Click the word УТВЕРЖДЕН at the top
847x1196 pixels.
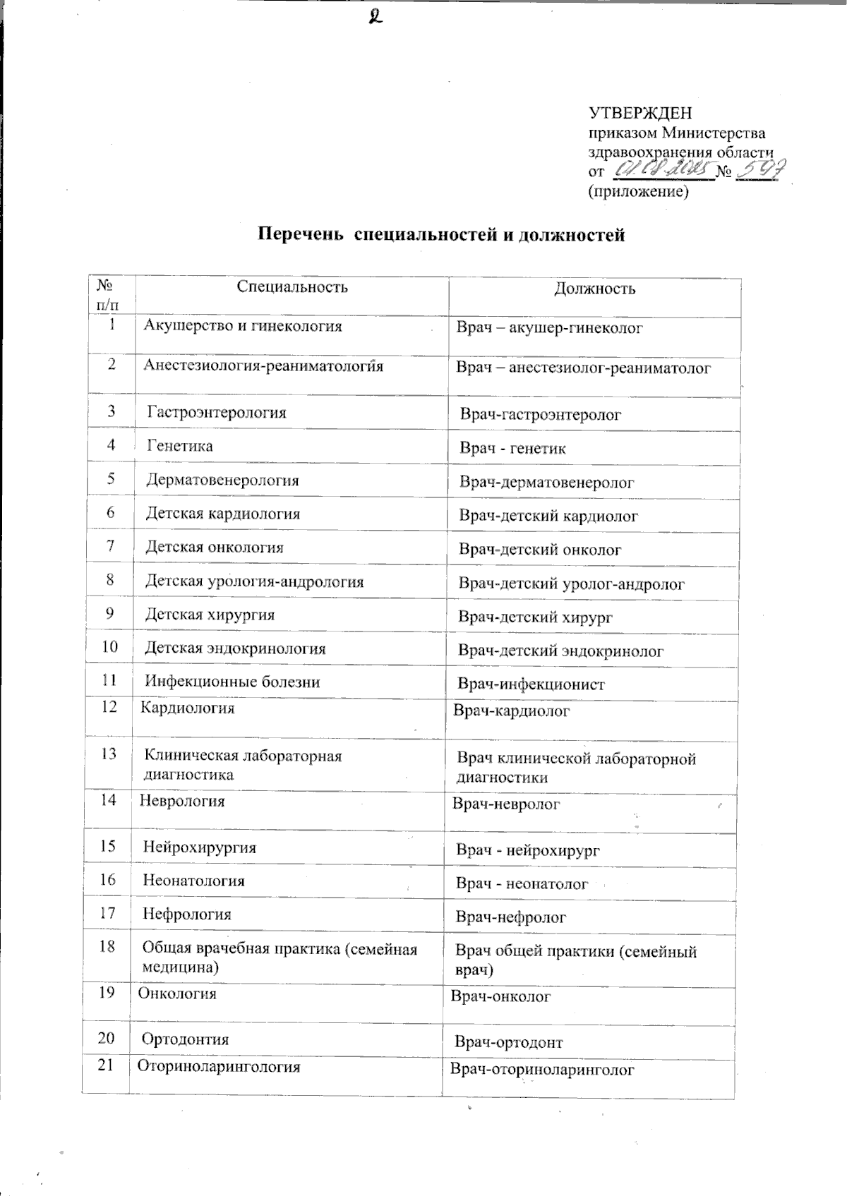[x=640, y=113]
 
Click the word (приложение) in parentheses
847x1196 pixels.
[x=637, y=191]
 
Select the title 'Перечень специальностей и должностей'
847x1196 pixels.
[x=440, y=235]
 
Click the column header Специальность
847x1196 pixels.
[x=292, y=286]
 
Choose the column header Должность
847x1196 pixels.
[x=594, y=289]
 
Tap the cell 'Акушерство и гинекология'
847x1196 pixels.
[x=243, y=326]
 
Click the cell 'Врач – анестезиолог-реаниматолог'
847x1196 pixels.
[x=583, y=368]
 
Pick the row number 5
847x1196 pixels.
[x=111, y=479]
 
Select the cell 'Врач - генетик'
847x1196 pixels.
[x=512, y=448]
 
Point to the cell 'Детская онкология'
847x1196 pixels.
[x=215, y=547]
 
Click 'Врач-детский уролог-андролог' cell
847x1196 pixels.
[x=572, y=584]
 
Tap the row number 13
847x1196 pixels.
[x=108, y=754]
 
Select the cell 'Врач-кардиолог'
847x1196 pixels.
[x=511, y=711]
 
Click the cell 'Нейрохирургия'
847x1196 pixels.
[x=200, y=847]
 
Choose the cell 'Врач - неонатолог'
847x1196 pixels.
[x=522, y=883]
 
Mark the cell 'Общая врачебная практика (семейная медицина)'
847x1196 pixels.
[x=280, y=958]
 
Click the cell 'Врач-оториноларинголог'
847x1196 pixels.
[x=542, y=1070]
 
